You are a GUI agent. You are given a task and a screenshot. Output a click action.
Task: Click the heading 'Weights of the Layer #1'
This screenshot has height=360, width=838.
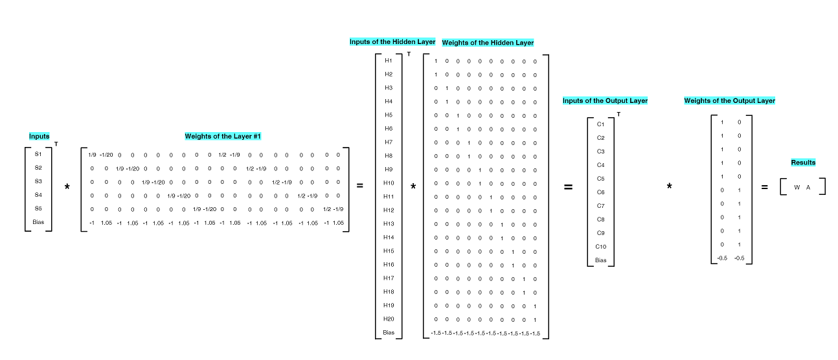point(223,137)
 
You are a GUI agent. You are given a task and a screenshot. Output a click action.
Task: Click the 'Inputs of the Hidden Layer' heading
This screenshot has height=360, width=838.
point(392,42)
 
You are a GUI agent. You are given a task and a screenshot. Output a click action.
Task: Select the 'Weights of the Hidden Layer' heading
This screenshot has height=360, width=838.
point(488,43)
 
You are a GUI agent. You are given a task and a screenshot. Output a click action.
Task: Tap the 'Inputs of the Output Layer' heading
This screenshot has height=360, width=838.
point(605,101)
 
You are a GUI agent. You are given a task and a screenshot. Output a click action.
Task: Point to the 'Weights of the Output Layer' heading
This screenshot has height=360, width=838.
point(729,101)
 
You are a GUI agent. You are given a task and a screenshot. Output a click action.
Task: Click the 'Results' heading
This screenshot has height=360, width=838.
point(803,163)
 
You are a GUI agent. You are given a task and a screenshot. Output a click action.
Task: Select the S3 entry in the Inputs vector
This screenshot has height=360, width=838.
point(38,182)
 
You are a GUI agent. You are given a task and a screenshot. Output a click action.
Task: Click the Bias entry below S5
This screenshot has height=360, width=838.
point(38,223)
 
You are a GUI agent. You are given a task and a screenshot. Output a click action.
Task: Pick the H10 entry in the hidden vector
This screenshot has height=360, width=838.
point(389,183)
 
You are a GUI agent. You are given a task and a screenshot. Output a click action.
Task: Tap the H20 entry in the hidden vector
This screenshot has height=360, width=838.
point(389,319)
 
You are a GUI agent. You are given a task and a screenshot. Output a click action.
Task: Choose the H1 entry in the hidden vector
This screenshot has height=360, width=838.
point(389,61)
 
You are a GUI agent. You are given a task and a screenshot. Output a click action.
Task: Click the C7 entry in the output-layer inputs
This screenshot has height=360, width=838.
point(600,206)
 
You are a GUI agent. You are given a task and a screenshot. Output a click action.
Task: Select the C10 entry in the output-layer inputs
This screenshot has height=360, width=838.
point(600,247)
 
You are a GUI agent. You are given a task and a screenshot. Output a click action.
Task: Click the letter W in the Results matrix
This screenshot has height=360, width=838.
point(797,188)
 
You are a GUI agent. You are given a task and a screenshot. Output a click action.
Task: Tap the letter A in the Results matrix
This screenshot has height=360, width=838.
point(808,188)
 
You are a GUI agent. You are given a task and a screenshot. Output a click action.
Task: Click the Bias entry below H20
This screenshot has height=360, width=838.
point(389,333)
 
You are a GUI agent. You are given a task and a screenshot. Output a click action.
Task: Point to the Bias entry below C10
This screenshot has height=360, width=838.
point(600,260)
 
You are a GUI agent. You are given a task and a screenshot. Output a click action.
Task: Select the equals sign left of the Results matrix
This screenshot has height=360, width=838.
point(764,188)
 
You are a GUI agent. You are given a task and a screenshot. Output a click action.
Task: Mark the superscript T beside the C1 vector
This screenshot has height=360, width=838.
point(618,115)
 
